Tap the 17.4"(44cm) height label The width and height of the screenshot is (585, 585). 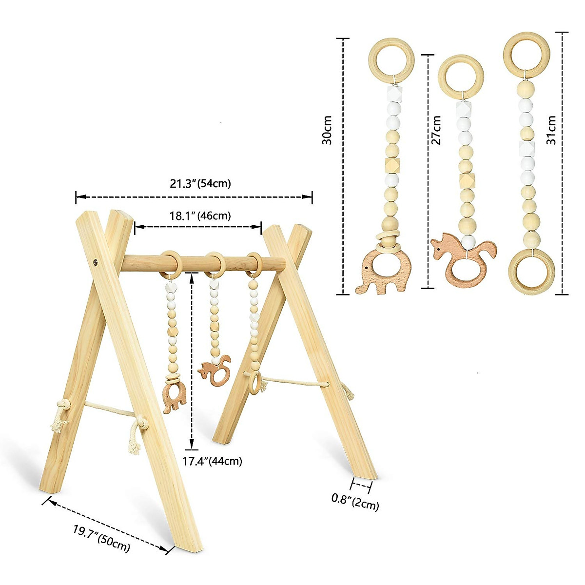coord(212,461)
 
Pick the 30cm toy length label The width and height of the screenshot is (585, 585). coord(327,130)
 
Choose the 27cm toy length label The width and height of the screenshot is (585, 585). coord(436,130)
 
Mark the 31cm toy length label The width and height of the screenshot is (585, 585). coord(551,130)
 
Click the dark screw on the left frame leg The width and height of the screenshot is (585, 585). coord(96,262)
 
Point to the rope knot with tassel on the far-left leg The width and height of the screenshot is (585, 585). coord(59,417)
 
